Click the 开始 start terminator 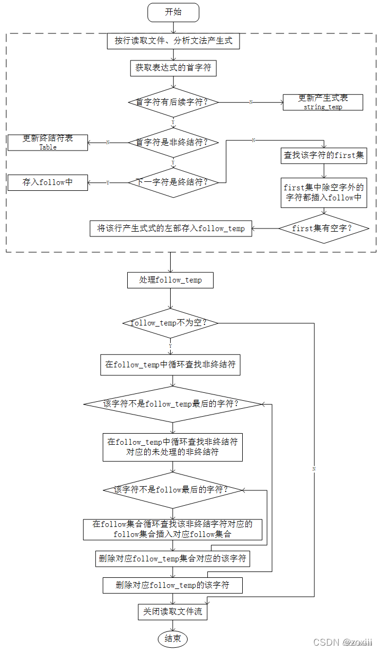(173, 12)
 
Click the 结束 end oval (173, 638)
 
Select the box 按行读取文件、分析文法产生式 (173, 41)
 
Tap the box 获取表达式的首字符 (173, 68)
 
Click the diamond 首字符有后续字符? (173, 102)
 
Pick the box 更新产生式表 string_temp (323, 102)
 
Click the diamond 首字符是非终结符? (173, 142)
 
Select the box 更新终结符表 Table (48, 142)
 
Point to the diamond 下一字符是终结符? (173, 182)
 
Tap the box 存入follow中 (48, 182)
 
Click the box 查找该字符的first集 (323, 155)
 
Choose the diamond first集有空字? (323, 228)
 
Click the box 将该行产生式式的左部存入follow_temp (171, 228)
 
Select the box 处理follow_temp (170, 280)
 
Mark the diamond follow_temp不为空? (170, 323)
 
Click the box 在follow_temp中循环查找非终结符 (170, 365)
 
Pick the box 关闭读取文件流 (173, 612)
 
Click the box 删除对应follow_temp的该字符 (173, 585)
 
